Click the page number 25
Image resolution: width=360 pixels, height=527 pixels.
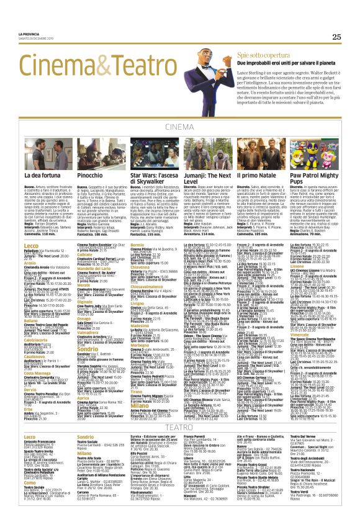pyautogui.click(x=336, y=37)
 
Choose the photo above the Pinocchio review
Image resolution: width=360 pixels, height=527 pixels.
pyautogui.click(x=99, y=153)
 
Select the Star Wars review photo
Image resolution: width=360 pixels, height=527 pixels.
pyautogui.click(x=152, y=153)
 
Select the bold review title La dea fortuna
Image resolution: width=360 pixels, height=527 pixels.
pyautogui.click(x=43, y=178)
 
